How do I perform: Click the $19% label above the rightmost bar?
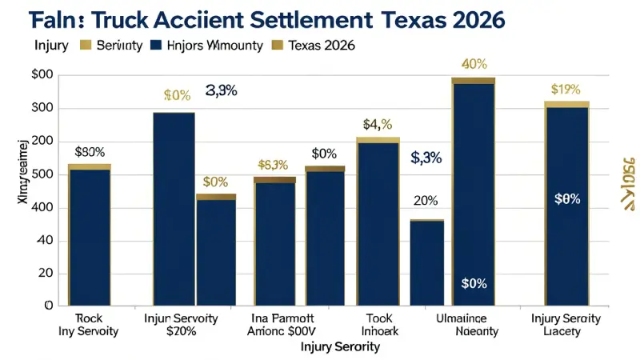point(566,90)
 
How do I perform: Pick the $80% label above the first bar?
point(89,151)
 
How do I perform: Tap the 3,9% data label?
point(221,90)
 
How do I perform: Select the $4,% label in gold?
point(377,124)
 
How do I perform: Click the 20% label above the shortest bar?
point(425,201)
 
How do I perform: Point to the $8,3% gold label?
point(273,165)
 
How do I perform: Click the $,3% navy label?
point(426,158)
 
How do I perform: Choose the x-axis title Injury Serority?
point(340,348)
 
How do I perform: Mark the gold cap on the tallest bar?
point(473,80)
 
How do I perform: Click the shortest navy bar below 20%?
point(426,264)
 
